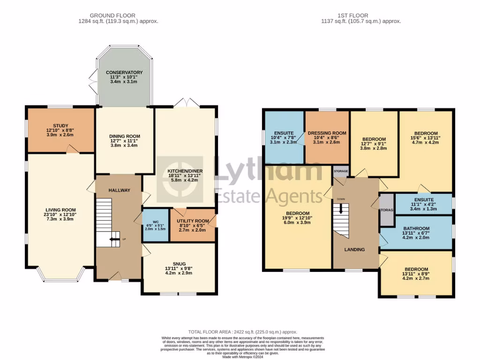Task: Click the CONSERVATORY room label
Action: click(x=124, y=73)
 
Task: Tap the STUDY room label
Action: click(x=60, y=126)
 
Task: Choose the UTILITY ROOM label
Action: click(x=193, y=221)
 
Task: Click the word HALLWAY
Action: click(x=119, y=190)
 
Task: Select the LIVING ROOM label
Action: click(x=60, y=210)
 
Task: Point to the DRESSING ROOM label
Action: click(x=327, y=133)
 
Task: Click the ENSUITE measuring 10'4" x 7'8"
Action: click(x=284, y=133)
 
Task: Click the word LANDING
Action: click(x=354, y=249)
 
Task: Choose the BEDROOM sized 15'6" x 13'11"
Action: click(x=426, y=134)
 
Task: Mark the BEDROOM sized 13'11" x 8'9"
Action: click(x=416, y=270)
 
